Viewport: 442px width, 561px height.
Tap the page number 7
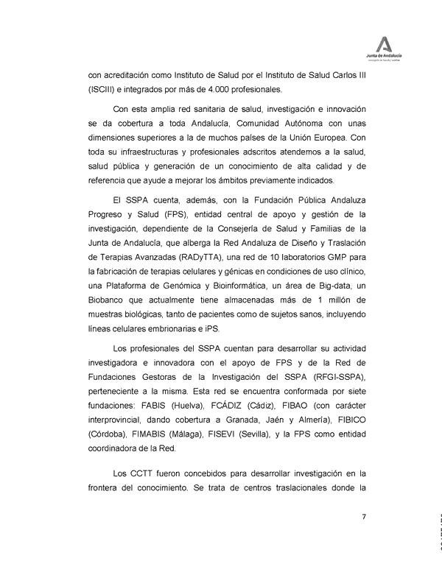[364, 515]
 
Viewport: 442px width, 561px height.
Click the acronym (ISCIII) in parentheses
[103, 90]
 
